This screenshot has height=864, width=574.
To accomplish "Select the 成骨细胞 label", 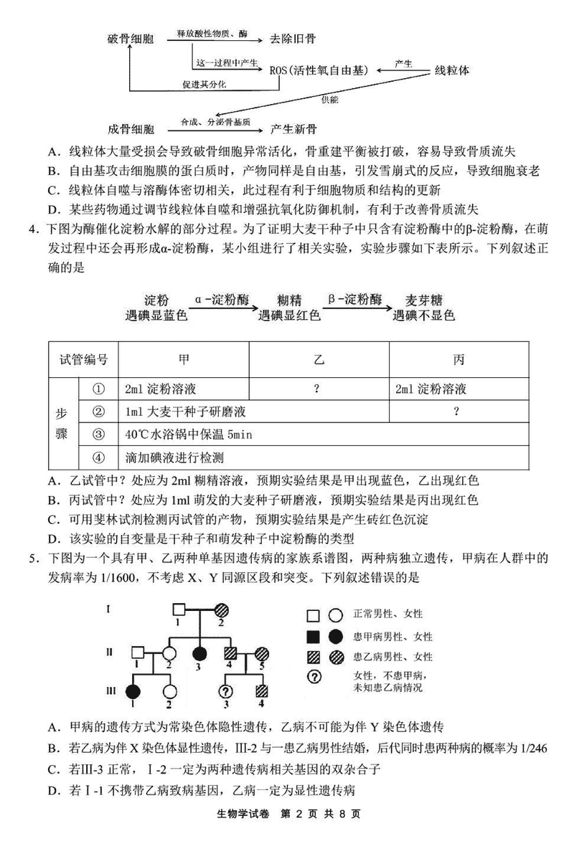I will pyautogui.click(x=130, y=129).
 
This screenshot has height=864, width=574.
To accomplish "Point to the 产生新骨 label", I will pyautogui.click(x=294, y=129).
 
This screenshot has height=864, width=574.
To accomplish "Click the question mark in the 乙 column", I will pyautogui.click(x=316, y=389).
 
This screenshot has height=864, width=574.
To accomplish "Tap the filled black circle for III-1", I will pyautogui.click(x=133, y=690).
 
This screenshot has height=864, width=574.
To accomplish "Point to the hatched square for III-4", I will pyautogui.click(x=263, y=690).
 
